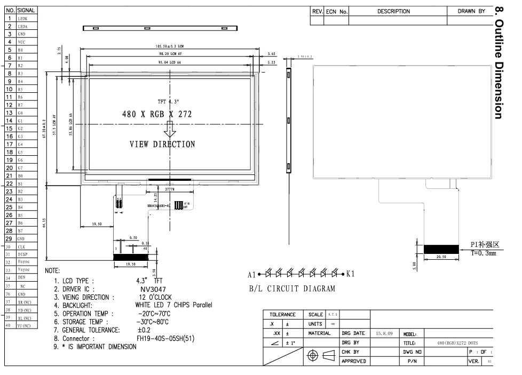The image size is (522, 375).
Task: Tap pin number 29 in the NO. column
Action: pyautogui.click(x=10, y=239)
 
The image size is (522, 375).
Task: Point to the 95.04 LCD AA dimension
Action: pyautogui.click(x=168, y=63)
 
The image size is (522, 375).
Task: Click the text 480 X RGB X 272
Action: pyautogui.click(x=157, y=115)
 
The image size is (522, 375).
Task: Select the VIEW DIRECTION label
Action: pyautogui.click(x=162, y=144)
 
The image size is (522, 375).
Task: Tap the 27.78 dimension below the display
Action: pyautogui.click(x=170, y=189)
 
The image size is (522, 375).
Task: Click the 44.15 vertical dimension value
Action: pyautogui.click(x=46, y=221)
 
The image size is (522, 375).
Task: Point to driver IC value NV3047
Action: pyautogui.click(x=154, y=289)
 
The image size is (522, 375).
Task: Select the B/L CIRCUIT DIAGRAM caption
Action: pyautogui.click(x=292, y=290)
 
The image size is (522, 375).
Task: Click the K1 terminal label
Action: pyautogui.click(x=353, y=274)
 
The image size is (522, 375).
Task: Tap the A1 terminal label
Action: pyautogui.click(x=252, y=275)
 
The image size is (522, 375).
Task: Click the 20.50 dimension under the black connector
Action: pyautogui.click(x=441, y=258)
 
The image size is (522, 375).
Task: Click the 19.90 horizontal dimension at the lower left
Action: pyautogui.click(x=97, y=225)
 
